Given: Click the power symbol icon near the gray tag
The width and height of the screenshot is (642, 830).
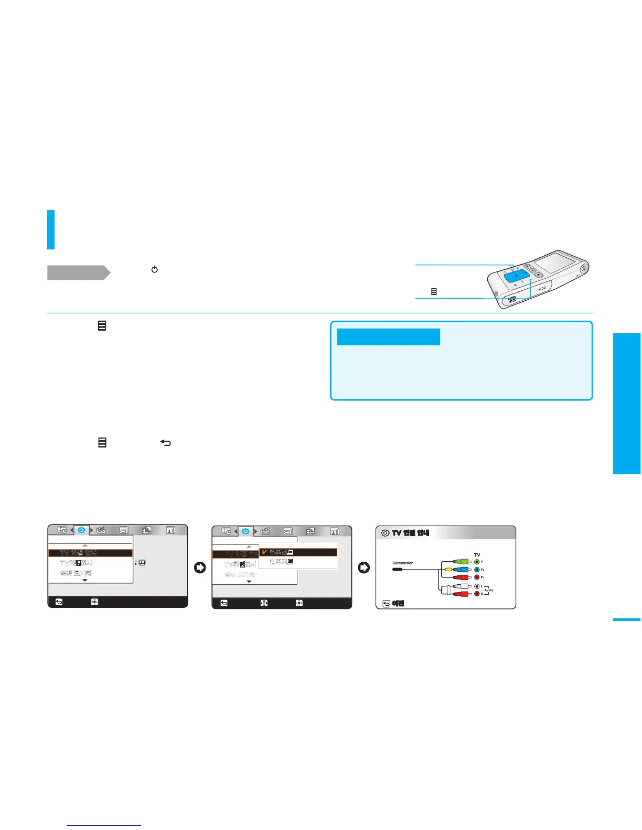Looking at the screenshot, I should [154, 269].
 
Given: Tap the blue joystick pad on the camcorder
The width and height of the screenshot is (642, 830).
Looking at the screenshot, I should [517, 276].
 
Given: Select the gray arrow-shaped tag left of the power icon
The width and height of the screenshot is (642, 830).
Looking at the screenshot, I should [78, 272].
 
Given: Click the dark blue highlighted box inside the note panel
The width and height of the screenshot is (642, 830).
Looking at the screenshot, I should [388, 337].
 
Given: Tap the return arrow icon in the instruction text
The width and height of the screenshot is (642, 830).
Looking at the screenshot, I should [166, 443].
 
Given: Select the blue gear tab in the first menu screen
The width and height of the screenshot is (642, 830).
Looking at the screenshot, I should [82, 530].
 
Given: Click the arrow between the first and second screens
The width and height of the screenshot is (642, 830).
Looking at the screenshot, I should [200, 567].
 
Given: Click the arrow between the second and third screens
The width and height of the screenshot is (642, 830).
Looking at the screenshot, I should [363, 567].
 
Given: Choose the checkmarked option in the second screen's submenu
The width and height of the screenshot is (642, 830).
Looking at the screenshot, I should [298, 552].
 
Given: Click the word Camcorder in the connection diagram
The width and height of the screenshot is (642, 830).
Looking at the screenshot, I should [402, 563].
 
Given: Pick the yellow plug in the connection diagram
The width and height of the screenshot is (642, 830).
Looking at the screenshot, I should [448, 570].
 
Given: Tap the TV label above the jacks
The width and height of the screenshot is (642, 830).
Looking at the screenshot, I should [477, 554].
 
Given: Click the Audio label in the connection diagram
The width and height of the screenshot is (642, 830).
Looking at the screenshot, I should [489, 590].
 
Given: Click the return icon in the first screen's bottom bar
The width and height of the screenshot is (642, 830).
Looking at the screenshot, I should [59, 602].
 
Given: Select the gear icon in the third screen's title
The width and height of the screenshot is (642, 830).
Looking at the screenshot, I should [385, 533].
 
